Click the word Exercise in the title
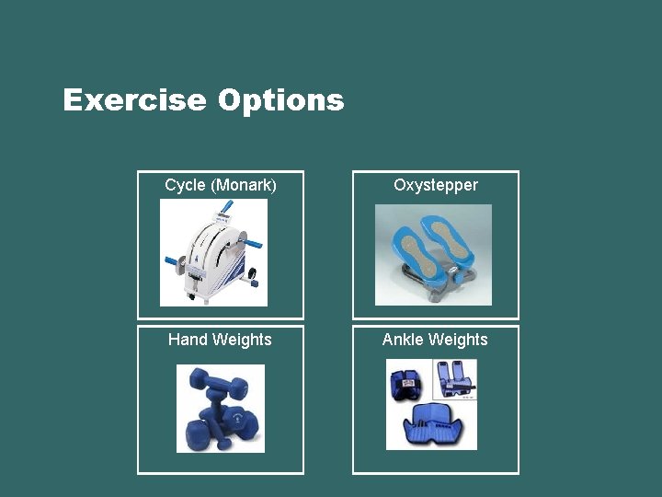pyautogui.click(x=134, y=99)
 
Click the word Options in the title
pyautogui.click(x=280, y=100)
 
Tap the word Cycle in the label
pyautogui.click(x=185, y=185)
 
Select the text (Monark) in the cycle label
pyautogui.click(x=244, y=185)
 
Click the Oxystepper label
pyautogui.click(x=436, y=185)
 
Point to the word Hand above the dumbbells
pyautogui.click(x=188, y=340)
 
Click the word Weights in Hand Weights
pyautogui.click(x=241, y=340)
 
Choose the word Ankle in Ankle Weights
pyautogui.click(x=402, y=340)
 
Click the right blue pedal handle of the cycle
pyautogui.click(x=251, y=245)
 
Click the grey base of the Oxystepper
pyautogui.click(x=432, y=276)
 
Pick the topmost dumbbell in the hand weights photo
pyautogui.click(x=212, y=379)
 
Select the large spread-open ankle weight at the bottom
pyautogui.click(x=433, y=426)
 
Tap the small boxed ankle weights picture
pyautogui.click(x=455, y=379)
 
